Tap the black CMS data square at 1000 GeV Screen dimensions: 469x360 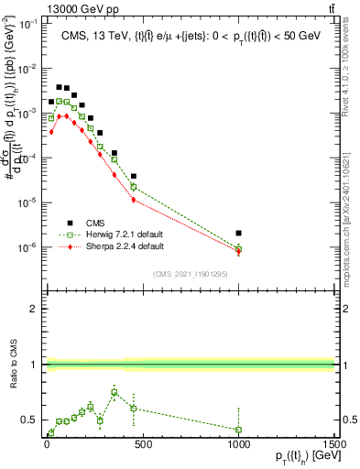[238, 234]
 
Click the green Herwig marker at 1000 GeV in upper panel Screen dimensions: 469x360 [238, 249]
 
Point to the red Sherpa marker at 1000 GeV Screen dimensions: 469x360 [238, 253]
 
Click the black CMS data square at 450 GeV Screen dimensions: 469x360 [134, 176]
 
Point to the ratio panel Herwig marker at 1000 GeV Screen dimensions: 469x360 [238, 429]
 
